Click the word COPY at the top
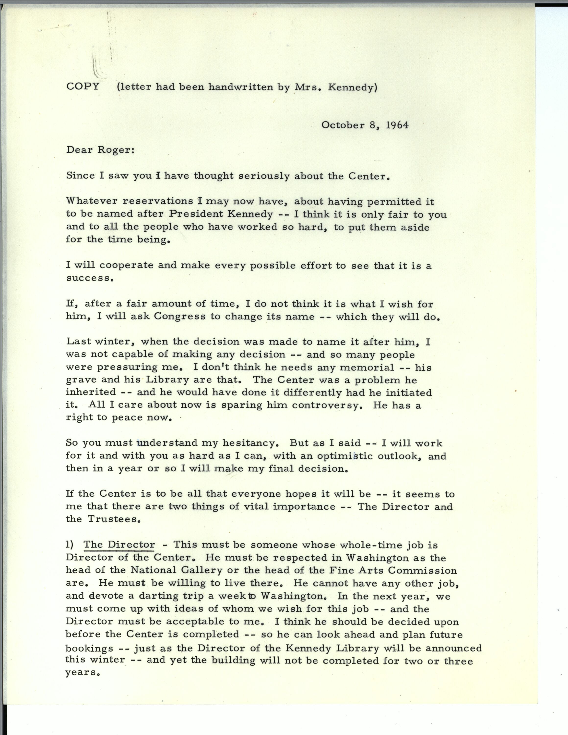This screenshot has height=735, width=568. point(83,86)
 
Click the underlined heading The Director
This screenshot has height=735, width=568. point(119,545)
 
